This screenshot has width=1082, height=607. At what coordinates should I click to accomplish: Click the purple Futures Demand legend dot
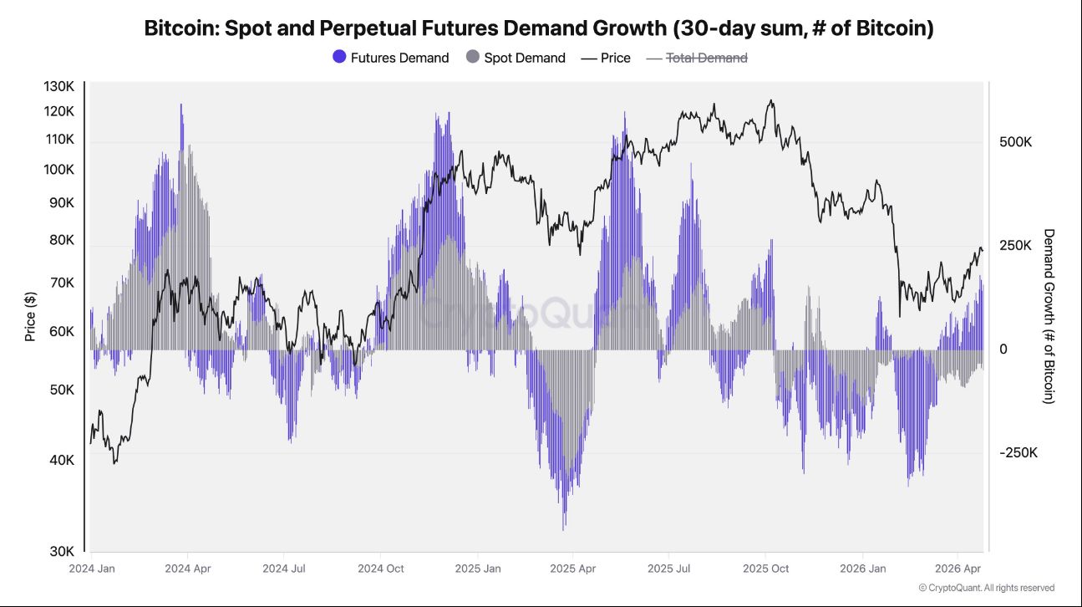click(x=339, y=58)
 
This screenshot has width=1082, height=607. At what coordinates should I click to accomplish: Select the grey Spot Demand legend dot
click(x=472, y=58)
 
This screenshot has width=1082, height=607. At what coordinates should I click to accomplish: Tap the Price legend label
click(x=616, y=58)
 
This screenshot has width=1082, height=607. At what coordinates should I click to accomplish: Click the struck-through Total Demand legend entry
click(x=706, y=58)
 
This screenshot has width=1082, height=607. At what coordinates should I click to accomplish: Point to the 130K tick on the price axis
click(x=59, y=87)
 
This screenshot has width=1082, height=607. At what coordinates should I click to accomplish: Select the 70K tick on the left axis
click(x=63, y=283)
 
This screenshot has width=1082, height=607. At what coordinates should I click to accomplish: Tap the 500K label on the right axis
click(x=1015, y=142)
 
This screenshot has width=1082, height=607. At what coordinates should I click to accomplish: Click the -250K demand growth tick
click(x=1019, y=452)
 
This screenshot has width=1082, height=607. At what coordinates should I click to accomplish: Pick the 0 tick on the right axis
click(x=1003, y=349)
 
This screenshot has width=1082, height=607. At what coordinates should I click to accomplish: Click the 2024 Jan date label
click(x=92, y=569)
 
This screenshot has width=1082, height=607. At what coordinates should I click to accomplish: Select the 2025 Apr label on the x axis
click(x=572, y=569)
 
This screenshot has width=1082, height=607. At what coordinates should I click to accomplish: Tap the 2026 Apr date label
click(x=958, y=569)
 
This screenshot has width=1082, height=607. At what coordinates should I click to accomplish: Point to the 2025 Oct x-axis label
click(x=765, y=569)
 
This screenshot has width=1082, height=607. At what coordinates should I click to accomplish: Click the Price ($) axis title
click(x=31, y=317)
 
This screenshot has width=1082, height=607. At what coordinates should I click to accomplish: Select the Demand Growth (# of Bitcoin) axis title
click(x=1049, y=316)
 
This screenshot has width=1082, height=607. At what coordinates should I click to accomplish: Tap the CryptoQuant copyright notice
click(x=986, y=588)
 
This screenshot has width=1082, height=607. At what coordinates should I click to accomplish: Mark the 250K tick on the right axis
click(x=1015, y=246)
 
